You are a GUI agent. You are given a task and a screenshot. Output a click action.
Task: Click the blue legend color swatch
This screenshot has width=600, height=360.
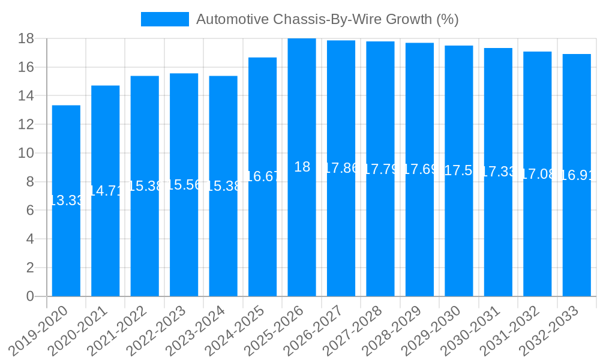(164, 19)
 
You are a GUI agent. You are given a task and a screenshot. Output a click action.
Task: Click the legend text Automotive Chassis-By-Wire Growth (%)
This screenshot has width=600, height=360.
(327, 19)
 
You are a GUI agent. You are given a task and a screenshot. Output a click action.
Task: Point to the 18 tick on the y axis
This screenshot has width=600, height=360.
(26, 38)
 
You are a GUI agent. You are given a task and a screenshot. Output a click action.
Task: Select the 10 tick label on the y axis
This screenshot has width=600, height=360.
(26, 153)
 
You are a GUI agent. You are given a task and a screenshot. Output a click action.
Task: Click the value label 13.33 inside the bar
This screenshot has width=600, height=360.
(66, 200)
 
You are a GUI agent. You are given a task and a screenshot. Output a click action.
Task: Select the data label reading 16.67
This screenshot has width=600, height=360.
(262, 176)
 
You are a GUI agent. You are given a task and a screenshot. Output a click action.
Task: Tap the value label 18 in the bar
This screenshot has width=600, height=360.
(302, 167)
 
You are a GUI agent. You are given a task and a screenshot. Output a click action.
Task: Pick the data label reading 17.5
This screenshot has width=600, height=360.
(459, 170)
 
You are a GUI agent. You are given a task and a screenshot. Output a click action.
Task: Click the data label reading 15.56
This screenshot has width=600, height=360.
(184, 185)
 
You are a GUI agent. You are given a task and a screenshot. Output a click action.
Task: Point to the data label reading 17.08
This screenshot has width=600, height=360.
(538, 174)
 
